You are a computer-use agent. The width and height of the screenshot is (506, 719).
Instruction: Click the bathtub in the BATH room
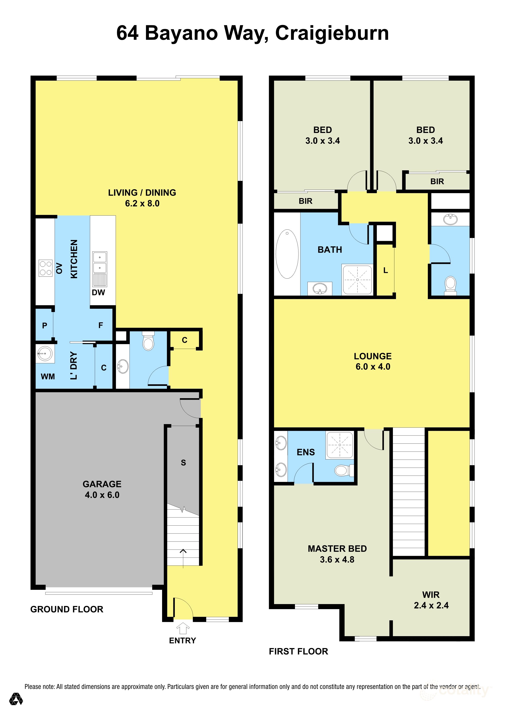(x=287, y=254)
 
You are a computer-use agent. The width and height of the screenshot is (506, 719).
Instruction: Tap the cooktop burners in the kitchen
(x=45, y=268)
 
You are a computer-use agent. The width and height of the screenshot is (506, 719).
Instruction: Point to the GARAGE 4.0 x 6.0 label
(x=102, y=489)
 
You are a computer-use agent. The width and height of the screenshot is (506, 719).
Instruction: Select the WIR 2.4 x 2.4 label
(x=431, y=600)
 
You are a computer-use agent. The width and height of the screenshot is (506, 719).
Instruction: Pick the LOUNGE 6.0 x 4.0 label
(x=373, y=361)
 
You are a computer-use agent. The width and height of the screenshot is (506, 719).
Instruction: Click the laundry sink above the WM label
(x=45, y=354)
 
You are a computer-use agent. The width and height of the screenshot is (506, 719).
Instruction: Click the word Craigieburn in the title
(x=332, y=33)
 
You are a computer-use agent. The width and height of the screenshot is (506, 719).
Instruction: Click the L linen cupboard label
(x=385, y=270)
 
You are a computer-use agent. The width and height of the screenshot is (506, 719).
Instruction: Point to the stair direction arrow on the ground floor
(x=183, y=558)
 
